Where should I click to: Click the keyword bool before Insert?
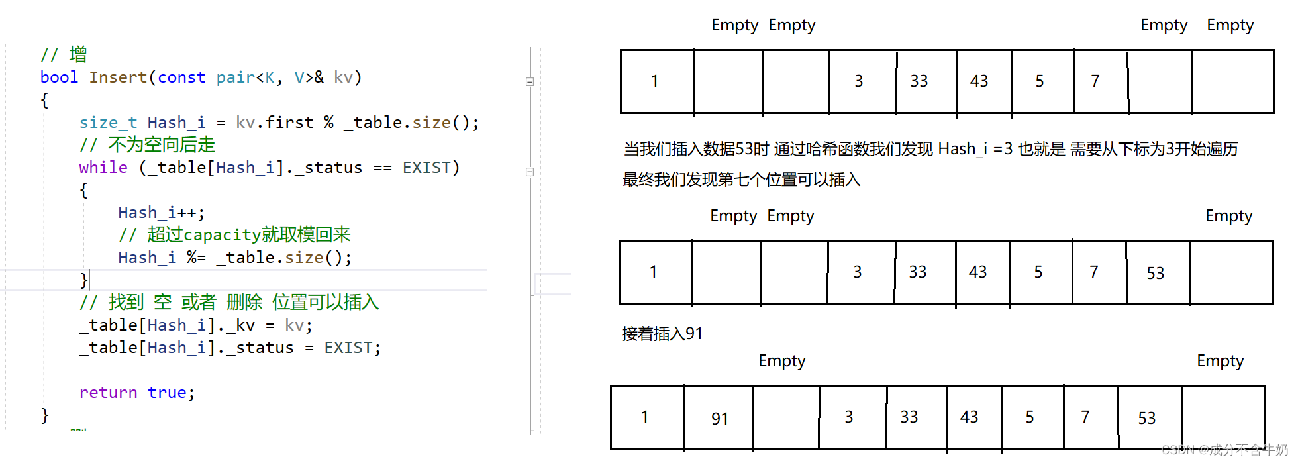point(59,77)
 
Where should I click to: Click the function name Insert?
point(118,77)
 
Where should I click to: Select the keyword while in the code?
point(103,168)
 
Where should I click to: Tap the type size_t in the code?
point(108,123)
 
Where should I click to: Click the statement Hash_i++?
point(161,213)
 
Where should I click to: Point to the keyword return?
point(108,393)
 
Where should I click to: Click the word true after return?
point(167,393)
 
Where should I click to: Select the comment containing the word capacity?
point(234,235)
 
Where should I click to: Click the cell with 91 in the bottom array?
point(719,418)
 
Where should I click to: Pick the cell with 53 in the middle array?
point(1156,273)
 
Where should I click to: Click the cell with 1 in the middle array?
point(654,272)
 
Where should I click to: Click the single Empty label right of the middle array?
point(1228,216)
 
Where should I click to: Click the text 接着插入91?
point(662,334)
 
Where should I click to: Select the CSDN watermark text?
point(1224,450)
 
